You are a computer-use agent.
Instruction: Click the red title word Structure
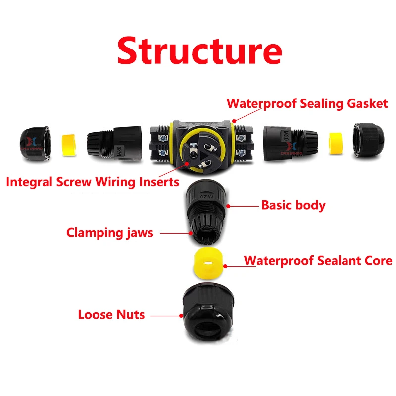click(x=199, y=51)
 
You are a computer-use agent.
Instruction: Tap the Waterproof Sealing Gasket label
click(x=307, y=104)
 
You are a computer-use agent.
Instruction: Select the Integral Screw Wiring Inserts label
click(x=93, y=182)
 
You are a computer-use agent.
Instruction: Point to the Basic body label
click(x=293, y=205)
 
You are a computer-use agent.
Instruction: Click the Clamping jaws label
click(x=110, y=233)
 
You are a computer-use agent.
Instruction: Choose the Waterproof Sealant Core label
click(x=318, y=261)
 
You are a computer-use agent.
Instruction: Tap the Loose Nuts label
click(x=111, y=315)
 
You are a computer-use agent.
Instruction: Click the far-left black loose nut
click(x=35, y=144)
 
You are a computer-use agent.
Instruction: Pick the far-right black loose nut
click(x=368, y=141)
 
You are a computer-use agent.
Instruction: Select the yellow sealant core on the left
click(x=69, y=145)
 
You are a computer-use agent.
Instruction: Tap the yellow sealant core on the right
click(x=336, y=144)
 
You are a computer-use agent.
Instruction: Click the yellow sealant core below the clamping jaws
click(x=208, y=263)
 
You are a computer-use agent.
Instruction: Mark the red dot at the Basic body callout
click(x=228, y=206)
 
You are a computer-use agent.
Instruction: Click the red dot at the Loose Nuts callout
click(x=181, y=316)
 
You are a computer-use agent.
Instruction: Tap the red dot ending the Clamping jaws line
click(x=191, y=233)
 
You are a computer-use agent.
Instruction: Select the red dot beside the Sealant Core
click(x=225, y=266)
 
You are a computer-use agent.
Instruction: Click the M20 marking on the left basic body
click(x=119, y=151)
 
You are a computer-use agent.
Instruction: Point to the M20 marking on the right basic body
click(x=286, y=136)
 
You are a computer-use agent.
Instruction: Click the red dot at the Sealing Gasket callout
click(x=234, y=121)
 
